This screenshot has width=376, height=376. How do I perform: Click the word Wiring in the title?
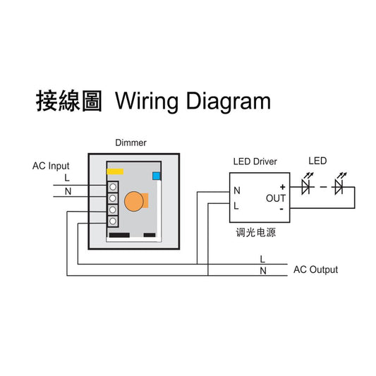(x=147, y=102)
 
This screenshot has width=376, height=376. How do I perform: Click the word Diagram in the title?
(x=229, y=102)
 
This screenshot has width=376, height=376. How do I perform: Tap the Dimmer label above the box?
(x=131, y=142)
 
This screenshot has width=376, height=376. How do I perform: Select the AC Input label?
(x=51, y=166)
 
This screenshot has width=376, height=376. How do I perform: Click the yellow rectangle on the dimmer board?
(x=115, y=171)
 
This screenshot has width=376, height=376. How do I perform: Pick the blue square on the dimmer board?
(x=157, y=176)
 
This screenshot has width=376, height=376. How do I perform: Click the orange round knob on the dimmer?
(x=134, y=201)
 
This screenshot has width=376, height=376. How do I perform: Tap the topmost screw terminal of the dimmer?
(x=113, y=187)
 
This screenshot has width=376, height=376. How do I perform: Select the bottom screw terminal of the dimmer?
(x=113, y=222)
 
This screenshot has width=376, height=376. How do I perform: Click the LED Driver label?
(x=255, y=162)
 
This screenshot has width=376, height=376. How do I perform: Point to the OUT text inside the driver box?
(x=276, y=198)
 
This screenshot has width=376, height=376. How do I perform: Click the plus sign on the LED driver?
(x=282, y=187)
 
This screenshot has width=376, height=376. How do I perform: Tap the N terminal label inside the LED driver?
(x=237, y=190)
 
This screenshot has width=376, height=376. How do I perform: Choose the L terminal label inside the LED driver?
(x=236, y=206)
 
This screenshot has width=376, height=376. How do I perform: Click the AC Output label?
(x=315, y=269)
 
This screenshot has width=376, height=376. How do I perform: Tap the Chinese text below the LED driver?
(x=256, y=232)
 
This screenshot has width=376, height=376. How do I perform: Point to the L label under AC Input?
(x=67, y=178)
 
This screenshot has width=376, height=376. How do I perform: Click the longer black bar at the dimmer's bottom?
(x=119, y=235)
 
